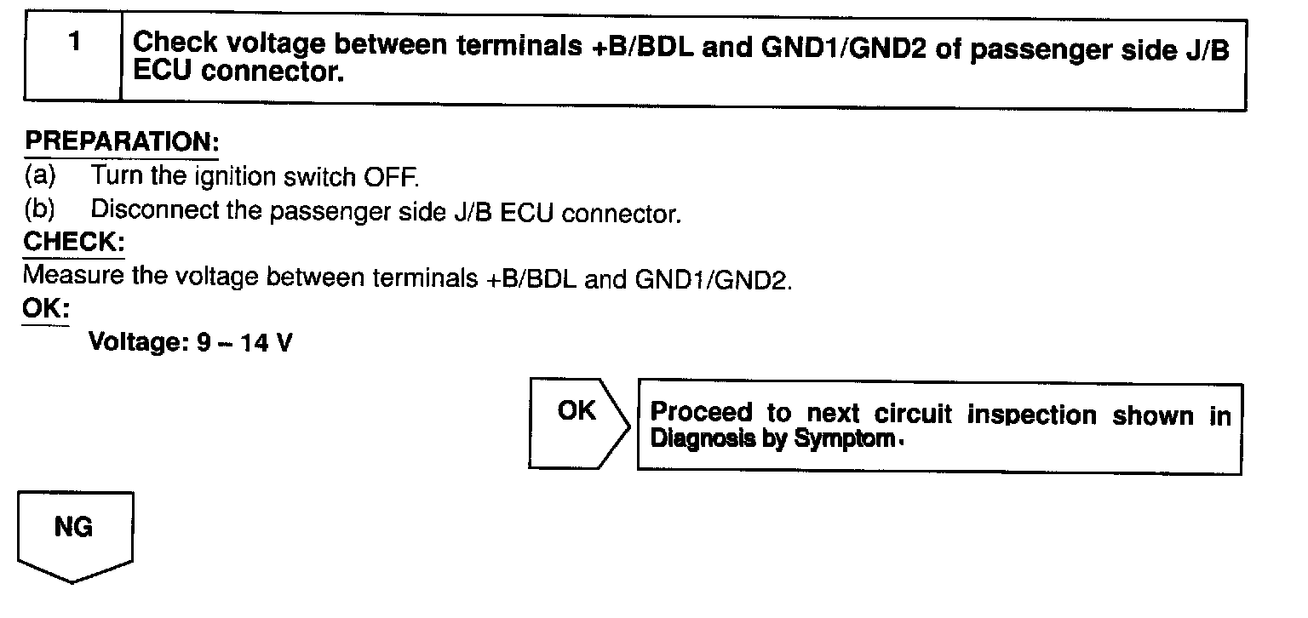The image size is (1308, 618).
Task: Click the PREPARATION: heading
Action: click(120, 142)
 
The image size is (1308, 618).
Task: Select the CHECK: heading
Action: click(73, 242)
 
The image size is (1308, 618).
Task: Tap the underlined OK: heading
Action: click(46, 308)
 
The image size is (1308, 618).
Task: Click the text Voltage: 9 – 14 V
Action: click(192, 343)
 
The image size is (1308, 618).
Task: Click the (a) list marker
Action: click(39, 176)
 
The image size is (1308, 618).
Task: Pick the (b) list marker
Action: click(39, 209)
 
